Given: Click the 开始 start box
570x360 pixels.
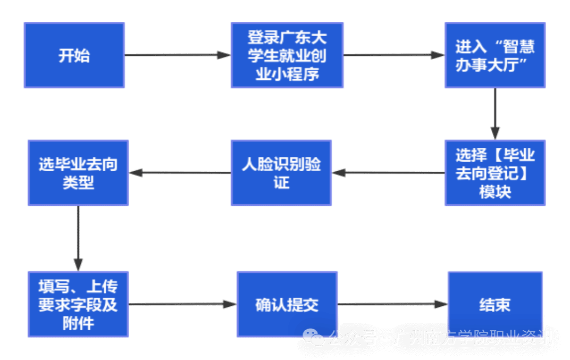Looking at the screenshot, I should (x=74, y=55).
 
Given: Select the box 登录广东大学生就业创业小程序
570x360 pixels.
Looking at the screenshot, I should (x=287, y=55).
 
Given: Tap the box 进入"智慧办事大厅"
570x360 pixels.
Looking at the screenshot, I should (x=495, y=55).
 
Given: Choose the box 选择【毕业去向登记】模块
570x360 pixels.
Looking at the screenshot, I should (x=495, y=173).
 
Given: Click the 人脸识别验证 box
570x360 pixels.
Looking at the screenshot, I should (x=281, y=173).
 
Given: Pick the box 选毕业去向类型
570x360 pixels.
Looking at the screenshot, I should (x=78, y=173).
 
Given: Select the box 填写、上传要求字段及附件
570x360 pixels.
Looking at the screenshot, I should (x=78, y=304).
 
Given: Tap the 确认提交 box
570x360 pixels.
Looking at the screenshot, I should (x=287, y=304).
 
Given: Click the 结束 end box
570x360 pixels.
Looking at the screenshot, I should (x=495, y=304).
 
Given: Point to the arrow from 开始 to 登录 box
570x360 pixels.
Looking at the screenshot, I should (x=177, y=55).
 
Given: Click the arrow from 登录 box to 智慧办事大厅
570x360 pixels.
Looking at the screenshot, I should (x=394, y=55).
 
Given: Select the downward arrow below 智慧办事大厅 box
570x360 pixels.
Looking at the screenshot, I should (x=495, y=114).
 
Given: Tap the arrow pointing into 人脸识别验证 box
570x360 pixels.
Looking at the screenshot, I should (x=388, y=173).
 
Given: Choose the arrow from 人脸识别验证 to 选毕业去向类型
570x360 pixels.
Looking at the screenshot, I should (x=180, y=173).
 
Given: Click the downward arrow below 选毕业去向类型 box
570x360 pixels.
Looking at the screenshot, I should (x=78, y=238).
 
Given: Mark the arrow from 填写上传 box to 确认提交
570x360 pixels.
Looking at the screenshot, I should (x=182, y=304).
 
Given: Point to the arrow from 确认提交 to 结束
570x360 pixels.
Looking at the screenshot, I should (x=392, y=304).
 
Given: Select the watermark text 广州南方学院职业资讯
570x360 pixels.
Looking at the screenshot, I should (x=473, y=338).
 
